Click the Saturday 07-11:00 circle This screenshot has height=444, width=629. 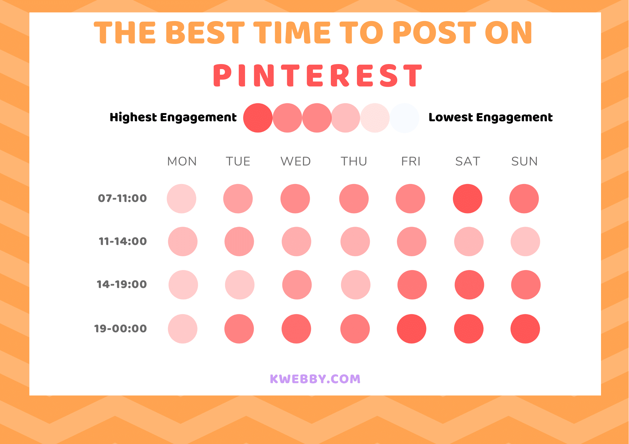pyautogui.click(x=467, y=198)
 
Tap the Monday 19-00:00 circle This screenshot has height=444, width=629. pyautogui.click(x=182, y=328)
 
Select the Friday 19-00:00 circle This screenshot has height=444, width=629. pyautogui.click(x=411, y=328)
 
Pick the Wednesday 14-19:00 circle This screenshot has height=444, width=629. pyautogui.click(x=297, y=284)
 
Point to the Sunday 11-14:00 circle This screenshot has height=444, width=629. pyautogui.click(x=525, y=241)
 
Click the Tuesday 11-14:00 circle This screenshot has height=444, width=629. pyautogui.click(x=239, y=241)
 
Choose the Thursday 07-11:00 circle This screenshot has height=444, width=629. pyautogui.click(x=354, y=198)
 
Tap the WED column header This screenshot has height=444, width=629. pyautogui.click(x=296, y=161)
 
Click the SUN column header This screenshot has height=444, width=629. pyautogui.click(x=524, y=161)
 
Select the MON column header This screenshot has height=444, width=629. pyautogui.click(x=182, y=161)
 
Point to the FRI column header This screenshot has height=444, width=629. pyautogui.click(x=411, y=161)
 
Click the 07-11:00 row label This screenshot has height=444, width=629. pyautogui.click(x=122, y=198)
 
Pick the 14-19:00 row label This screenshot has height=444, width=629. pyautogui.click(x=122, y=284)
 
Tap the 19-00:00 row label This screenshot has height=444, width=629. pyautogui.click(x=120, y=328)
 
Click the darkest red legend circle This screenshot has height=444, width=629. pyautogui.click(x=258, y=118)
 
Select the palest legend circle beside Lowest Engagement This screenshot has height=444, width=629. pyautogui.click(x=404, y=118)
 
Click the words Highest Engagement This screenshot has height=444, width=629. pyautogui.click(x=173, y=117)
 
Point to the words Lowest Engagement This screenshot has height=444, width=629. pyautogui.click(x=490, y=117)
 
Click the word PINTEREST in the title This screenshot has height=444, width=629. pyautogui.click(x=318, y=75)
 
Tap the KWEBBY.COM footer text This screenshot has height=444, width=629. pyautogui.click(x=315, y=379)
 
